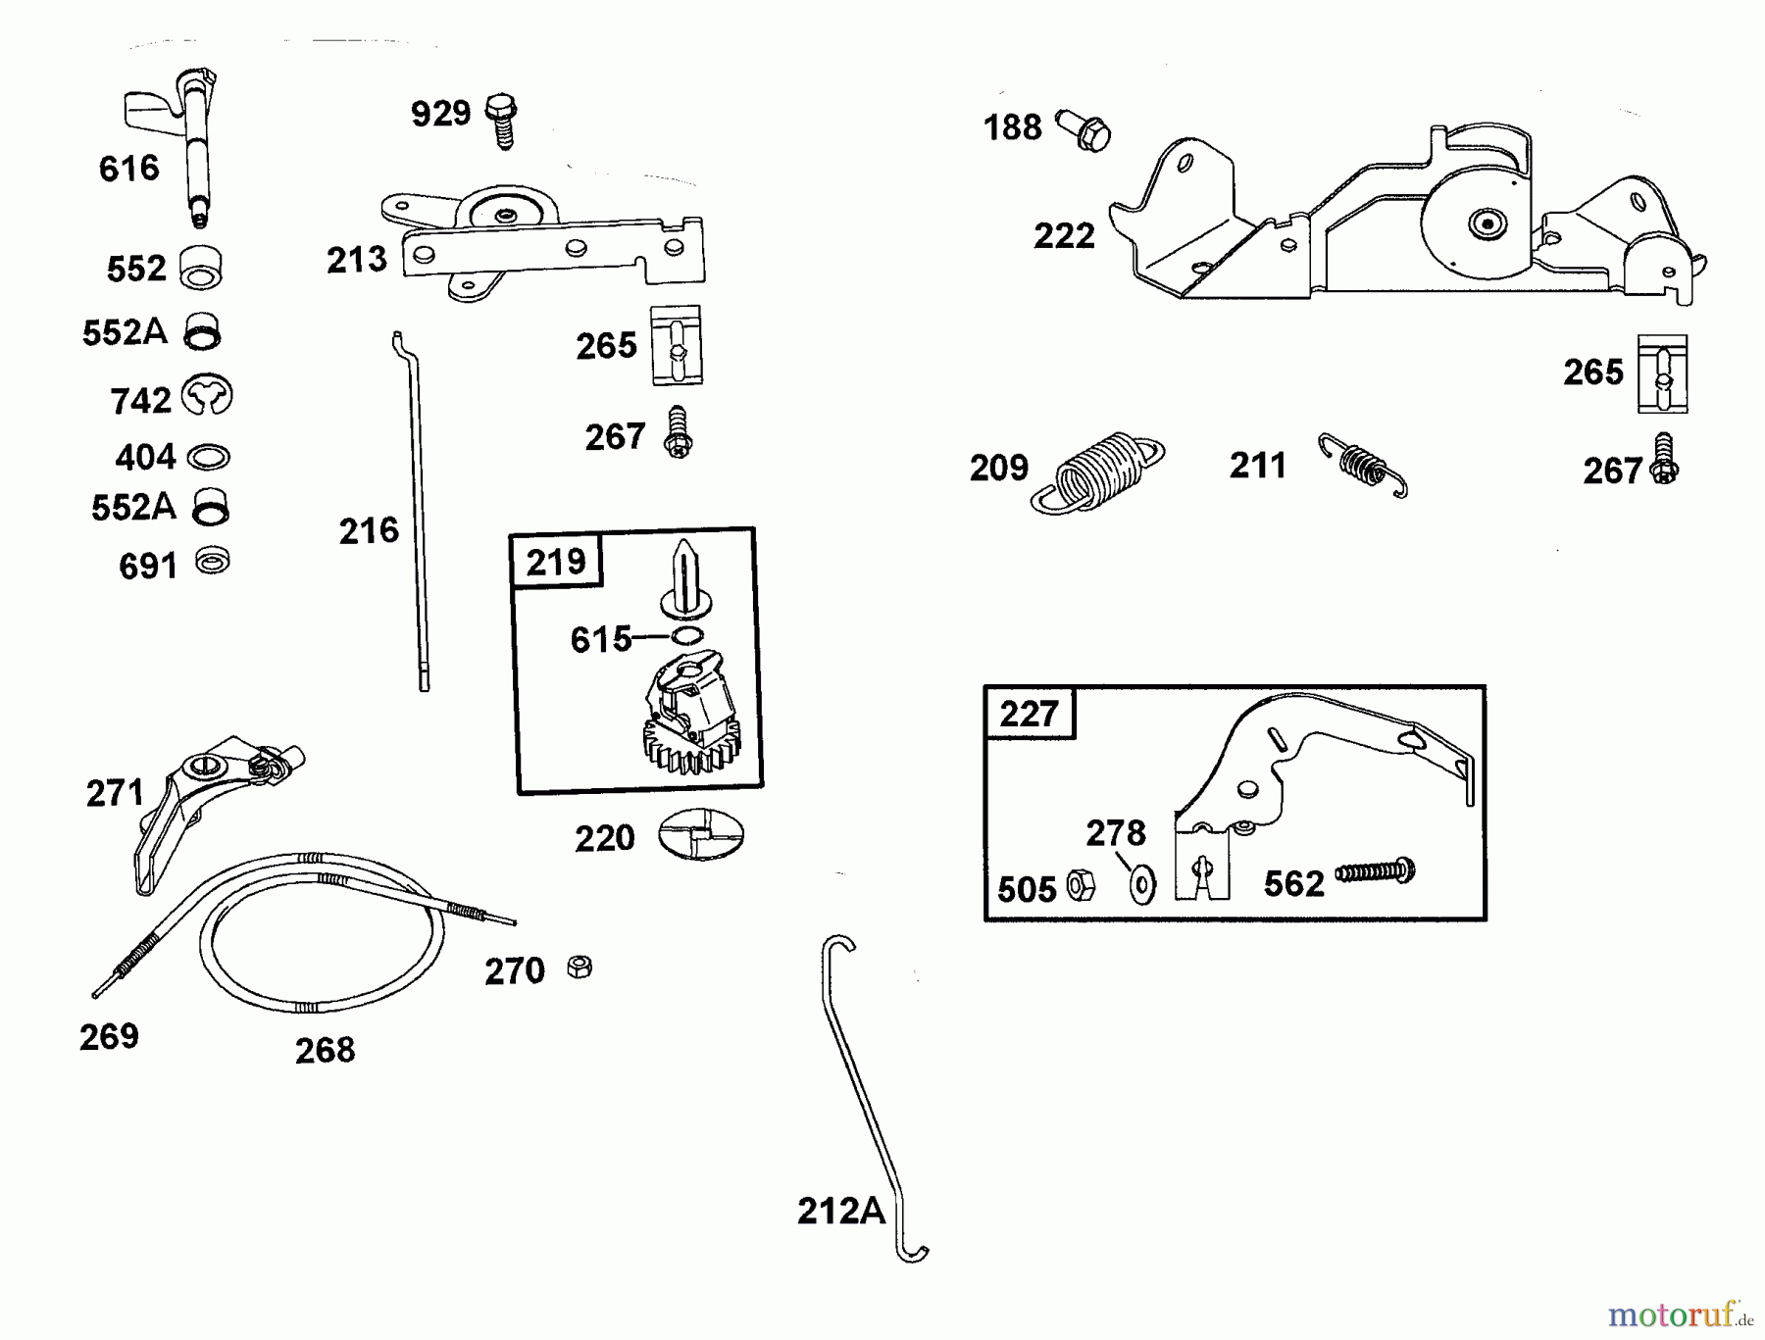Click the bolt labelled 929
click(502, 120)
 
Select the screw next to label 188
click(1084, 130)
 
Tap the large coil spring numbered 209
click(1098, 471)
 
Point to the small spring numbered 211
click(1364, 464)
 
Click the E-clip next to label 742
click(207, 396)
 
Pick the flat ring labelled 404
click(208, 457)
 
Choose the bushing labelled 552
click(201, 267)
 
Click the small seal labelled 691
click(212, 562)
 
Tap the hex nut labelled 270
click(580, 968)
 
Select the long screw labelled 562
click(1375, 870)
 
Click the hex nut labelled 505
click(1080, 885)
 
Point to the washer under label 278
click(1142, 884)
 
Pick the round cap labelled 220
click(700, 835)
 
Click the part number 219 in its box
click(556, 563)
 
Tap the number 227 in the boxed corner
click(1029, 714)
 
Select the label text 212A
click(840, 1212)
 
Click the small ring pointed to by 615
click(687, 636)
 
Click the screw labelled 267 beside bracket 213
click(678, 432)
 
